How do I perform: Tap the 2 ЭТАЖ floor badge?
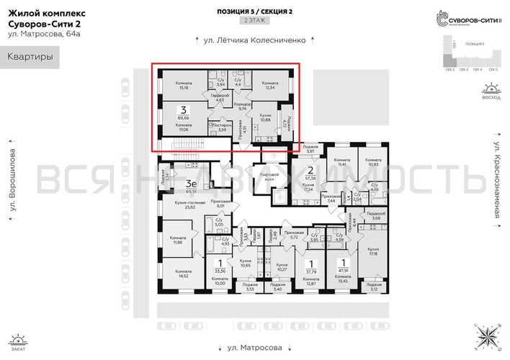tap(254, 22)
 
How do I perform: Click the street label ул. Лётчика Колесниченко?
tap(255, 41)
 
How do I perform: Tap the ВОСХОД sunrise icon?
tap(491, 92)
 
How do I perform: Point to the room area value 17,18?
tap(373, 253)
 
